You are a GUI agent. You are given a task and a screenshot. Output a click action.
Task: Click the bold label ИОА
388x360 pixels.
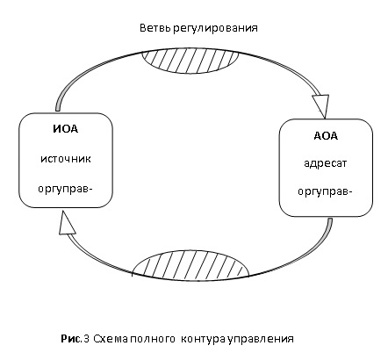tap(66, 129)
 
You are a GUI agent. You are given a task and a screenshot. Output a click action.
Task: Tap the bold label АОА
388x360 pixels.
tap(326, 136)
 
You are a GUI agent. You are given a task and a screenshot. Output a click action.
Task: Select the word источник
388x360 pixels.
tap(66, 159)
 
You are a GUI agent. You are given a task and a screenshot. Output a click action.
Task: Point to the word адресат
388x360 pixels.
tap(326, 163)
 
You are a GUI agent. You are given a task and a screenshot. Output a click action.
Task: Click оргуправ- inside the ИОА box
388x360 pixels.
tap(65, 189)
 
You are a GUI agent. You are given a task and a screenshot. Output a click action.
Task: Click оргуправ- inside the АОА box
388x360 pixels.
tap(325, 192)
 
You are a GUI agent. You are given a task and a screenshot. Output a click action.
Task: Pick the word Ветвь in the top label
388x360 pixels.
tap(155, 28)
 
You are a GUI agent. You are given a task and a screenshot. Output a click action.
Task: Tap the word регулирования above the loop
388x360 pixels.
tap(215, 29)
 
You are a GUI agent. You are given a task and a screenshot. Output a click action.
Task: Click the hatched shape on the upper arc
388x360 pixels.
tap(190, 61)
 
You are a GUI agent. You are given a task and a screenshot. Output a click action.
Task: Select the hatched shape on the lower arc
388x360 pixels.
tap(190, 265)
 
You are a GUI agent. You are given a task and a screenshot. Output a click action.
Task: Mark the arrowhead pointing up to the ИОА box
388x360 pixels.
tap(66, 223)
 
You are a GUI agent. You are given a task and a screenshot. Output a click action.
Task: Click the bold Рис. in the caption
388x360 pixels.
tap(70, 339)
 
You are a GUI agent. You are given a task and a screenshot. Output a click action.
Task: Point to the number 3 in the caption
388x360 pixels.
tap(86, 339)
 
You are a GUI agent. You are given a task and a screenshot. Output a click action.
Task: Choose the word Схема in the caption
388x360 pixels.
tap(111, 339)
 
